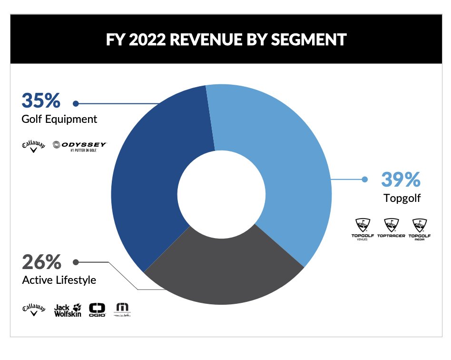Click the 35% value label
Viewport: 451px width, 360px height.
pyautogui.click(x=41, y=101)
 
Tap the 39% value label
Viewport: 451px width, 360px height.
pyautogui.click(x=401, y=180)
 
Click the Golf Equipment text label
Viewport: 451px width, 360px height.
pyautogui.click(x=59, y=119)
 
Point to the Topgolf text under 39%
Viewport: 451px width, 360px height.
pyautogui.click(x=402, y=198)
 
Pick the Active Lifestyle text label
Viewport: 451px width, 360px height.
pyautogui.click(x=59, y=280)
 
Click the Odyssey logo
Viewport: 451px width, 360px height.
pyautogui.click(x=80, y=146)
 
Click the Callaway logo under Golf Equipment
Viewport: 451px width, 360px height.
pyautogui.click(x=34, y=146)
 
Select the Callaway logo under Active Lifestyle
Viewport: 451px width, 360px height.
pyautogui.click(x=34, y=310)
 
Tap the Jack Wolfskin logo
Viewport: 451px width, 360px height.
pyautogui.click(x=68, y=310)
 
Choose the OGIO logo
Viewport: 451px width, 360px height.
pyautogui.click(x=97, y=310)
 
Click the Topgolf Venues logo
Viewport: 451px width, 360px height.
pyautogui.click(x=363, y=229)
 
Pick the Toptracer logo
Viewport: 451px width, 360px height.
pyautogui.click(x=391, y=229)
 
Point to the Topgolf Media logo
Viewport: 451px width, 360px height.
pyautogui.click(x=420, y=229)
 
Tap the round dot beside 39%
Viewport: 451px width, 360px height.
pyautogui.click(x=365, y=180)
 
